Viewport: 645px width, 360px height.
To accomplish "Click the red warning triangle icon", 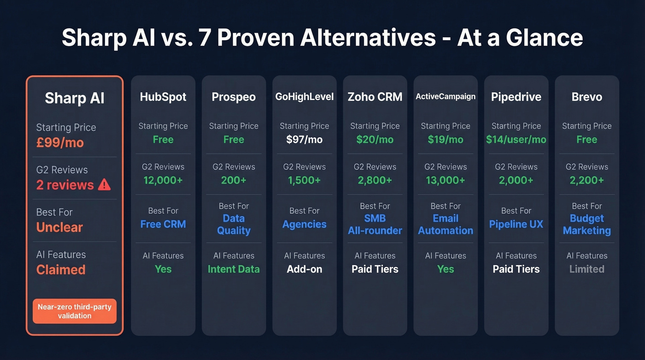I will [x=105, y=185].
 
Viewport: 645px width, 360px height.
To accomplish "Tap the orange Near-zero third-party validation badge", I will [x=75, y=311].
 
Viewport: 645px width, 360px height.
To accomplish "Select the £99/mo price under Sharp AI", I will [x=60, y=142].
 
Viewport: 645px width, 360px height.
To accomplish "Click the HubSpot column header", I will [x=163, y=97].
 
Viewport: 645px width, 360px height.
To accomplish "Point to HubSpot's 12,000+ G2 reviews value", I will [x=163, y=180].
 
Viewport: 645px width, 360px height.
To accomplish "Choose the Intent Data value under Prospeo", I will [x=234, y=269].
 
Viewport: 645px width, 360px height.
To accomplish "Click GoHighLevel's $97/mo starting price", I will [x=304, y=139].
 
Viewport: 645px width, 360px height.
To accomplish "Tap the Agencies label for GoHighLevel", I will [x=304, y=224].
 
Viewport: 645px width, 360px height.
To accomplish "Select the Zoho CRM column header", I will [x=375, y=97].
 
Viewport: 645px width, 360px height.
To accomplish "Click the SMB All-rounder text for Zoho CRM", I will [x=375, y=224].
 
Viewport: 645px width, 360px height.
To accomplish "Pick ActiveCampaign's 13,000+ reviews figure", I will [x=446, y=180].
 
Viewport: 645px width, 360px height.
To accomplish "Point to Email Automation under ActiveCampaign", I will [x=446, y=224].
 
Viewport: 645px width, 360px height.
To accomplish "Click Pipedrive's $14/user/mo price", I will [x=516, y=139].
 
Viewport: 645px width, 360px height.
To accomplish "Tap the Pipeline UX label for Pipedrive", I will [x=516, y=224].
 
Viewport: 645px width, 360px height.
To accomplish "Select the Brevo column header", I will [x=586, y=97].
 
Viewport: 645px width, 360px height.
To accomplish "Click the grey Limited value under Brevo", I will [x=586, y=269].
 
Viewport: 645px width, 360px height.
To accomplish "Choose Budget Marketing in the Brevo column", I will [x=586, y=224].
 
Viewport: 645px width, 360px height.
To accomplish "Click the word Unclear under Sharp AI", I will [x=59, y=227].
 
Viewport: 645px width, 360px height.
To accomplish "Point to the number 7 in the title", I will [x=205, y=38].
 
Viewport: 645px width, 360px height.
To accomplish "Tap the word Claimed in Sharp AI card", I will [x=61, y=270].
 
